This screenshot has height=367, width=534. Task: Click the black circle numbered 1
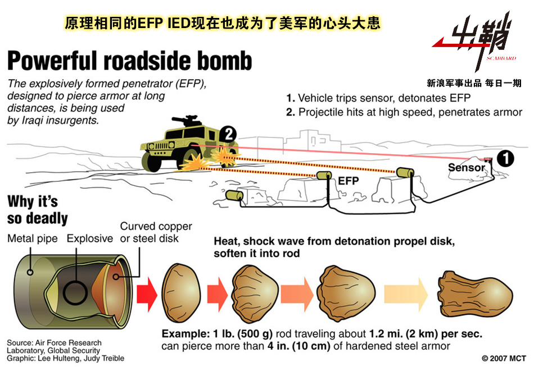click(x=505, y=158)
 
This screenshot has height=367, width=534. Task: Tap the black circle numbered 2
click(x=228, y=134)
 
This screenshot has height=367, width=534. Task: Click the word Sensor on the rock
click(x=466, y=167)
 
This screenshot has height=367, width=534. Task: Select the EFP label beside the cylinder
click(x=349, y=181)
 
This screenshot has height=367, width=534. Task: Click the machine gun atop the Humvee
click(x=185, y=120)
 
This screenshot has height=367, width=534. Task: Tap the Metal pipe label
click(x=33, y=238)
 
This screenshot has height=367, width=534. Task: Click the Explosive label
click(x=89, y=238)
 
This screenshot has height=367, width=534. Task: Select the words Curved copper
click(x=156, y=226)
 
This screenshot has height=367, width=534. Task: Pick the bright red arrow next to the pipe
click(x=147, y=295)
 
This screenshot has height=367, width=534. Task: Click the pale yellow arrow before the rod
click(x=406, y=295)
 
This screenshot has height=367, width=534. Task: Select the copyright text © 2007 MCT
click(x=504, y=358)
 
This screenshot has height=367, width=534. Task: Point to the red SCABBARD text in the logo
click(x=501, y=58)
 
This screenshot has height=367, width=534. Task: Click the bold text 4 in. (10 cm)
click(x=298, y=346)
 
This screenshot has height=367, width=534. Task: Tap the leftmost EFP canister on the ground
click(x=234, y=195)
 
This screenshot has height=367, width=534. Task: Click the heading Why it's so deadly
click(x=38, y=209)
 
